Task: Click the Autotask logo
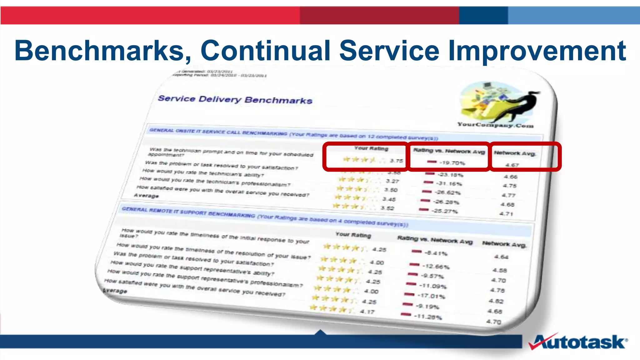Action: pos(578,342)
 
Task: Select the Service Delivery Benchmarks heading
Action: pos(235,99)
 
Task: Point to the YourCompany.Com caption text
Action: pos(495,125)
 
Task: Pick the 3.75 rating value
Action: pos(397,161)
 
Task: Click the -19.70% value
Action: pos(452,163)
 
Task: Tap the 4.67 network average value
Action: pos(512,165)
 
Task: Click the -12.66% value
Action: pos(436,267)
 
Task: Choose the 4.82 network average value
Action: pos(496,301)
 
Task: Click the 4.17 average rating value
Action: pos(367,312)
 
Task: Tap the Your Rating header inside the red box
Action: pos(371,148)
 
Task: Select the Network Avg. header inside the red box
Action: pos(515,153)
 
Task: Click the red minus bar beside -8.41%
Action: pos(417,251)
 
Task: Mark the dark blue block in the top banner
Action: pos(483,15)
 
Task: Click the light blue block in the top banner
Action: pos(574,15)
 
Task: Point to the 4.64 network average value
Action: pos(501,257)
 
